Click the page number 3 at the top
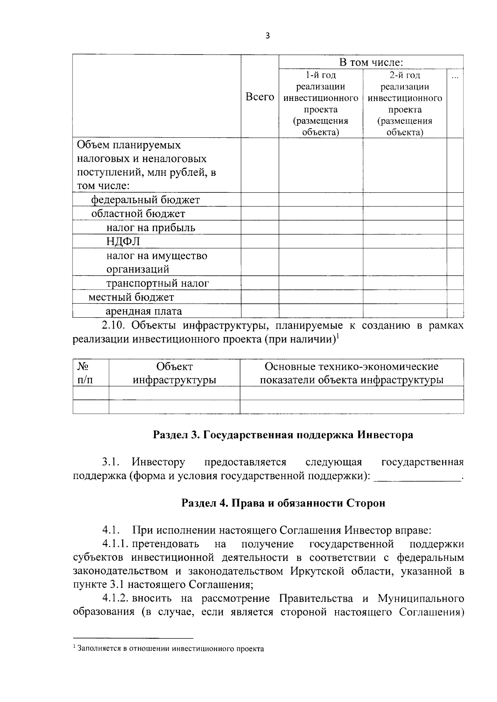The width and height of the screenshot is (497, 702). tap(267, 36)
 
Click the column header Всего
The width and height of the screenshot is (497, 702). tap(260, 97)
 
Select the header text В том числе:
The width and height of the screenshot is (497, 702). tap(371, 62)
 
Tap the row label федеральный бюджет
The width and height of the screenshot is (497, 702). tap(145, 200)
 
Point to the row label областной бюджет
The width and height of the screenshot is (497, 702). tap(138, 214)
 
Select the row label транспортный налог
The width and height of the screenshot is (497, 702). tap(157, 283)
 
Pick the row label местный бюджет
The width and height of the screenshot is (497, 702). tap(131, 297)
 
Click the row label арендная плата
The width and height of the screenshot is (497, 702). tap(144, 311)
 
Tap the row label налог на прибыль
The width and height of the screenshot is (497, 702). tap(150, 228)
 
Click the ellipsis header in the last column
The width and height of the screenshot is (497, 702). tap(455, 77)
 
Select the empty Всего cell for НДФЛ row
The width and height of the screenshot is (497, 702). tap(260, 242)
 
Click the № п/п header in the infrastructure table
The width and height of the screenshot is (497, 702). tap(85, 373)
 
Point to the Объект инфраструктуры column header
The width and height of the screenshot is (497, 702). tap(174, 373)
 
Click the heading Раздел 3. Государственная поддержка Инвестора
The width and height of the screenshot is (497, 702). tap(283, 435)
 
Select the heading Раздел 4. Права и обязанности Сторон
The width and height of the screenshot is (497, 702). tap(283, 503)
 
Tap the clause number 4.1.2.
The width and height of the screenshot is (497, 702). tap(117, 599)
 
